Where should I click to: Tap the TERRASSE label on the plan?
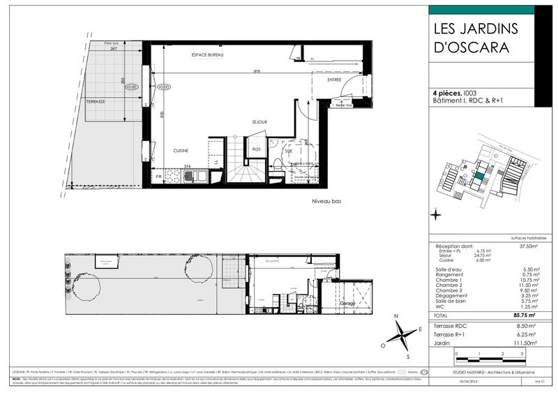(96, 100)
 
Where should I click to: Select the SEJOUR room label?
(259, 122)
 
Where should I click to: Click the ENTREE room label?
(335, 81)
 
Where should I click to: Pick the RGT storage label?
(257, 149)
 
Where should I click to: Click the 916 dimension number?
(257, 71)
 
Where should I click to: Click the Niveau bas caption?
(325, 201)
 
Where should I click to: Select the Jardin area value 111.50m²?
(524, 342)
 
